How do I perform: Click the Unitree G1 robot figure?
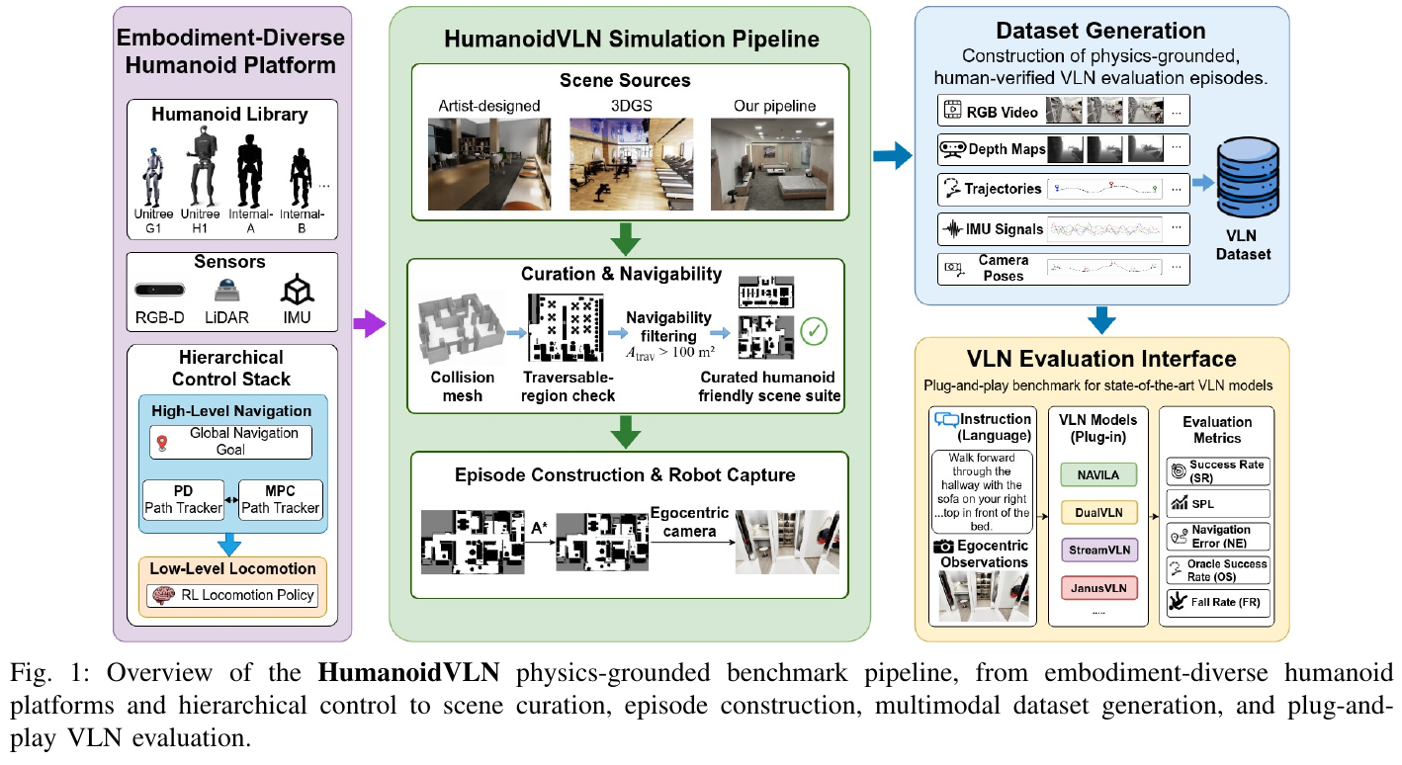click(x=152, y=177)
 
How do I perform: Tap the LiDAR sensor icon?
click(x=226, y=291)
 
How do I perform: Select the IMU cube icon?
click(x=297, y=291)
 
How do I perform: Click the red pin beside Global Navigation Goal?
click(x=162, y=444)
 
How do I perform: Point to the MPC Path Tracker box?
click(x=281, y=500)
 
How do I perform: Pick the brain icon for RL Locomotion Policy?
click(x=163, y=595)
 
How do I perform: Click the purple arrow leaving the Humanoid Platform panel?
click(x=369, y=323)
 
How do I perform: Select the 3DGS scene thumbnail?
click(x=631, y=164)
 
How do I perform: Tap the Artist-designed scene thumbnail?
click(x=489, y=164)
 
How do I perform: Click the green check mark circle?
click(x=814, y=331)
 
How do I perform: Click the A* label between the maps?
click(x=539, y=529)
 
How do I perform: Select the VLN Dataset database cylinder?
click(x=1248, y=177)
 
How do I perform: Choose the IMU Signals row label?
click(x=1004, y=229)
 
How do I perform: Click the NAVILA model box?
click(x=1098, y=474)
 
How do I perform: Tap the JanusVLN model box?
click(x=1098, y=588)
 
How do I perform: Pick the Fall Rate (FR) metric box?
click(x=1218, y=602)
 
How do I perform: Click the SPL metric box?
click(x=1218, y=503)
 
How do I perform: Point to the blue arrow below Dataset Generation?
click(x=1101, y=320)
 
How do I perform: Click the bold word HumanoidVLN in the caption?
click(x=408, y=673)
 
